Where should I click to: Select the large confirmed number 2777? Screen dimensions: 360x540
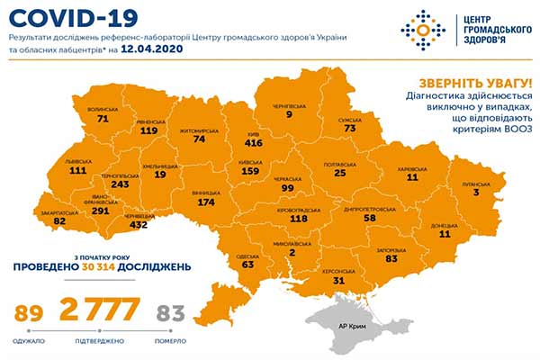point(99,311)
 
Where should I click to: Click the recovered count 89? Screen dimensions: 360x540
point(31,313)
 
